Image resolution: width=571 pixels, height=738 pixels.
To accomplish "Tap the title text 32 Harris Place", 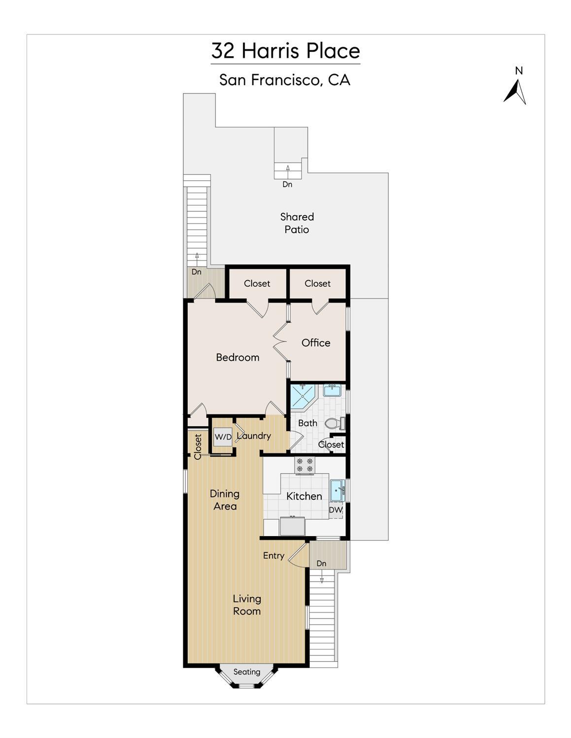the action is [286, 51].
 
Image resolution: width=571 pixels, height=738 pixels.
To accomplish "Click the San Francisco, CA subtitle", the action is [285, 80].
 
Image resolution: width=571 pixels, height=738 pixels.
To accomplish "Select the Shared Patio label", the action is [297, 223].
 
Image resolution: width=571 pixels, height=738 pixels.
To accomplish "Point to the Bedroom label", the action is [237, 357].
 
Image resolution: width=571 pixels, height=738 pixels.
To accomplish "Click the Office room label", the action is [316, 343].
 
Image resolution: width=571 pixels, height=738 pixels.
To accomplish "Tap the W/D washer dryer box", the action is [223, 437].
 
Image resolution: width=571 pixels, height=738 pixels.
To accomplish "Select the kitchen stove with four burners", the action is [304, 465].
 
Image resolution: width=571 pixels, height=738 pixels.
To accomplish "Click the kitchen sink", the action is [337, 490].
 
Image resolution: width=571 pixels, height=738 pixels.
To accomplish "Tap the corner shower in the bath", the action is [303, 397].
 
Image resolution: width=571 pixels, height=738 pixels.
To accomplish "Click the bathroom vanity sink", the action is [332, 390].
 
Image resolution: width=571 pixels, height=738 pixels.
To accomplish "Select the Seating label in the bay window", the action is [247, 672].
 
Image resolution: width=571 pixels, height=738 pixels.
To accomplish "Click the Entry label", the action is [273, 556].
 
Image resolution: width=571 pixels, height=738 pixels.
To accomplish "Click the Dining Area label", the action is [225, 500].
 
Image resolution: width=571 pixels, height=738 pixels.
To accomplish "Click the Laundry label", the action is [254, 436].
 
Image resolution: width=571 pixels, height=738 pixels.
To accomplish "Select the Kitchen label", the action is [304, 496].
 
